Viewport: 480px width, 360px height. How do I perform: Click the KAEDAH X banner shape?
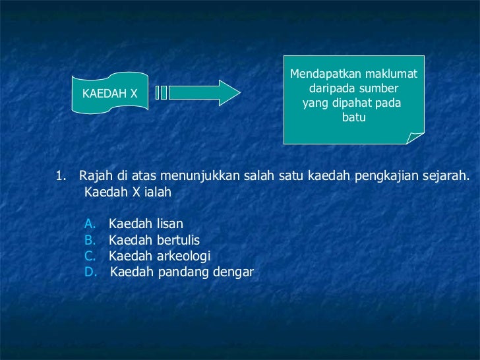pos(109,94)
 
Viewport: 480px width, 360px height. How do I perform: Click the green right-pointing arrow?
pos(206,93)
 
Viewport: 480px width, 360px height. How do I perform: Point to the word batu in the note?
pos(353,119)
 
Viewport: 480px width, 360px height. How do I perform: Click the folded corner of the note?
pos(415,136)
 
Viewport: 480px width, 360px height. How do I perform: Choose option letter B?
pos(90,240)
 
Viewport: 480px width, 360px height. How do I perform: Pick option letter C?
pos(90,256)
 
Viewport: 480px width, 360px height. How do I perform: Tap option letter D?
pos(91,272)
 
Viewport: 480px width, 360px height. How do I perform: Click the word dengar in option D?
pos(235,272)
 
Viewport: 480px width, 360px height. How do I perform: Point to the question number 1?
pos(60,176)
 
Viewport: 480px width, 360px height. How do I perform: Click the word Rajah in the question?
pos(95,176)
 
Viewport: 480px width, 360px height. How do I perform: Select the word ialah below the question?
pos(156,193)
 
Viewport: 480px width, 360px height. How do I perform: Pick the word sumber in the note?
pos(377,90)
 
